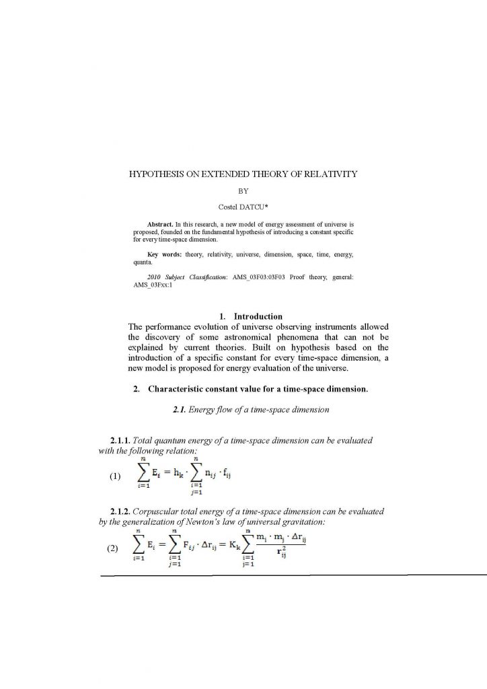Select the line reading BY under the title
(243, 190)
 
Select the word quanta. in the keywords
(143, 264)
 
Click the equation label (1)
(114, 476)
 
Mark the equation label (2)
(114, 548)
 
